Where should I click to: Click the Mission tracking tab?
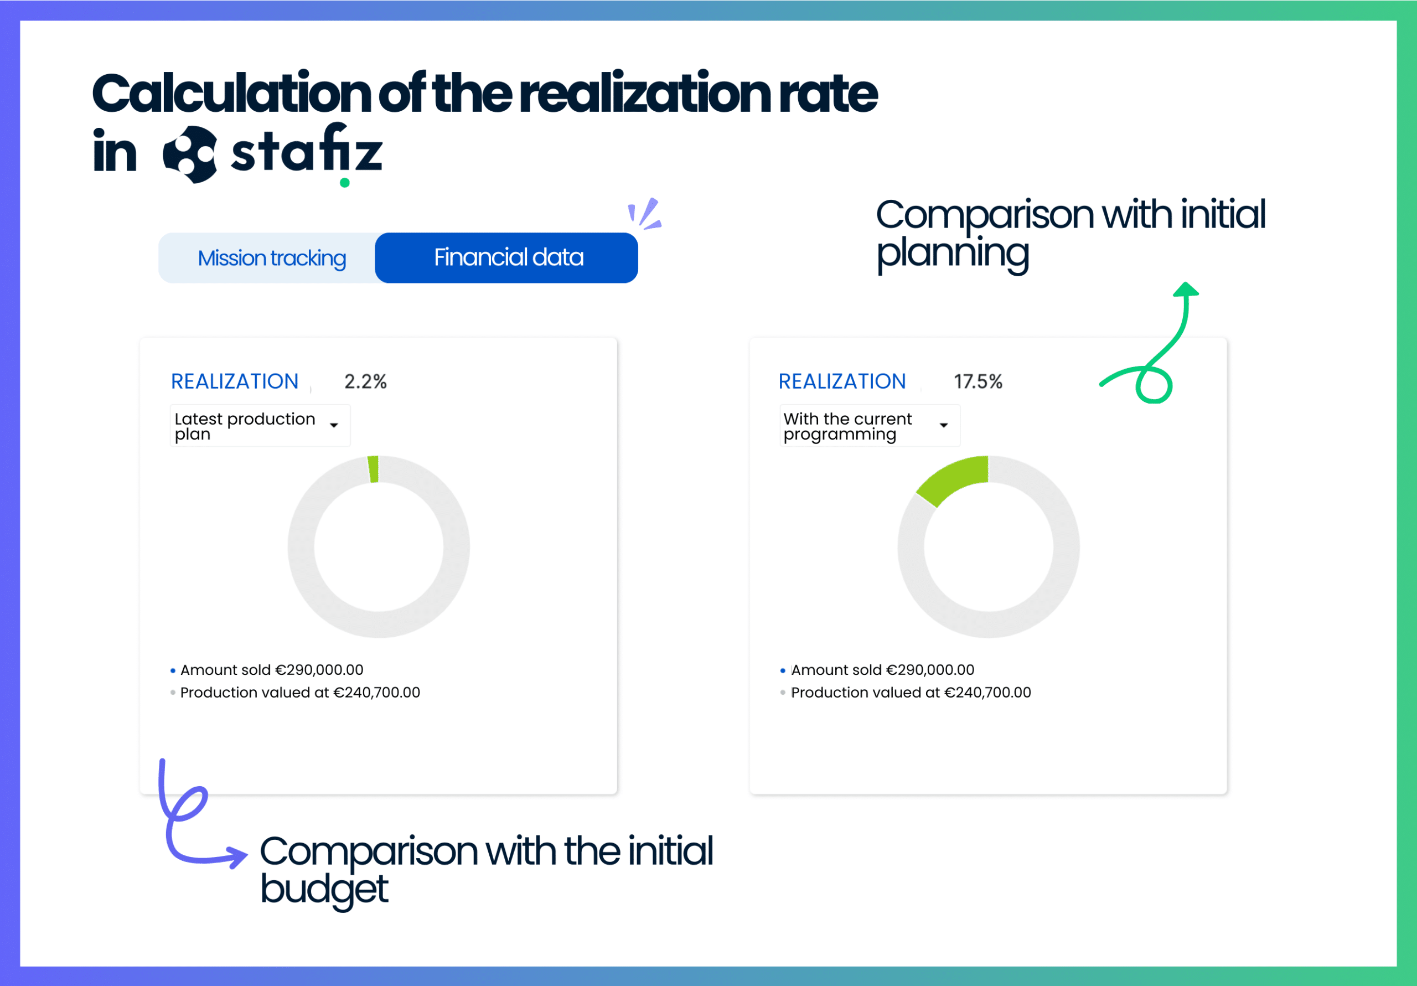pyautogui.click(x=272, y=258)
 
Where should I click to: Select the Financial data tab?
pyautogui.click(x=508, y=257)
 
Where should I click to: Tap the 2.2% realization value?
pyautogui.click(x=365, y=381)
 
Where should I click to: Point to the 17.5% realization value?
pyautogui.click(x=978, y=381)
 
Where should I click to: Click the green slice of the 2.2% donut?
pyautogui.click(x=374, y=468)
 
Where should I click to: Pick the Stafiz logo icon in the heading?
pyautogui.click(x=190, y=154)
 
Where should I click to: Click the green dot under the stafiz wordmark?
pyautogui.click(x=345, y=183)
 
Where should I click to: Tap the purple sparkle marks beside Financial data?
pyautogui.click(x=645, y=214)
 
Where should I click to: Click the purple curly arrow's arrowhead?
pyautogui.click(x=238, y=856)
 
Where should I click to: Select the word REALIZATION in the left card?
pyautogui.click(x=235, y=381)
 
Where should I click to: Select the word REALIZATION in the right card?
pyautogui.click(x=842, y=381)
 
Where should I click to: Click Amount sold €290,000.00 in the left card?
pyautogui.click(x=272, y=670)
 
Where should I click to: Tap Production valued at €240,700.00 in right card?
pyautogui.click(x=911, y=693)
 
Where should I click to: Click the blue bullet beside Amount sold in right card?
pyautogui.click(x=783, y=670)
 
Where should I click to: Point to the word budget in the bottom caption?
pyautogui.click(x=324, y=890)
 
